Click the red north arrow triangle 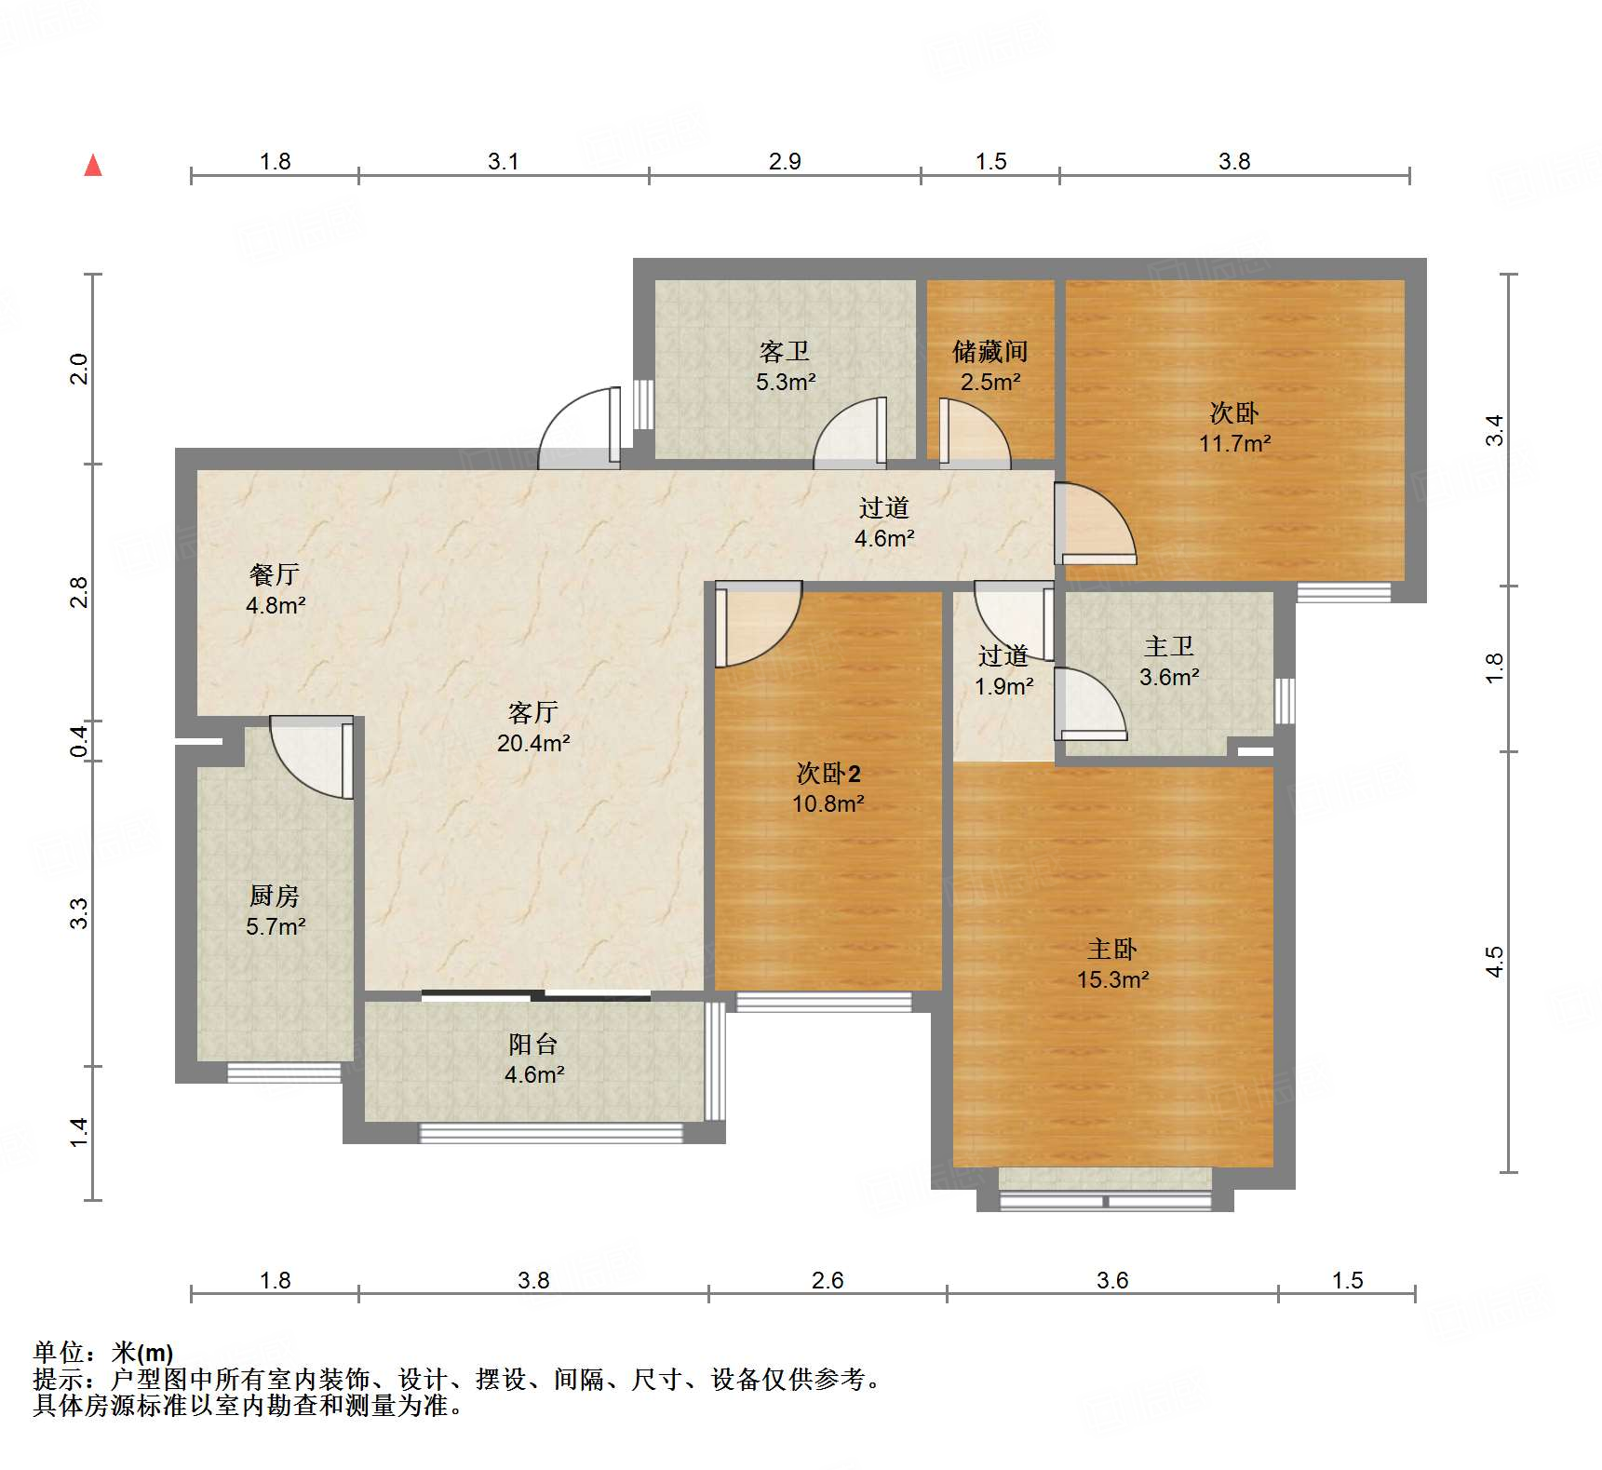click(x=93, y=165)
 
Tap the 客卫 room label click(x=785, y=351)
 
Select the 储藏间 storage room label click(x=990, y=351)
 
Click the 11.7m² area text click(x=1234, y=443)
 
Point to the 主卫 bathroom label click(x=1169, y=646)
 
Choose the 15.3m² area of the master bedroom click(x=1113, y=979)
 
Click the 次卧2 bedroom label click(x=828, y=773)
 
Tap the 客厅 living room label click(x=533, y=712)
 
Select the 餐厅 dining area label click(x=275, y=574)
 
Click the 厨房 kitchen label click(x=275, y=896)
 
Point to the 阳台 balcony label click(x=533, y=1044)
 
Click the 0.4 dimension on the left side click(x=80, y=741)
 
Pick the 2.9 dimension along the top click(x=785, y=161)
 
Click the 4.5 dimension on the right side click(x=1494, y=962)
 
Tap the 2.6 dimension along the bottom click(x=828, y=1280)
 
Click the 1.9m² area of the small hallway click(x=1003, y=686)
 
